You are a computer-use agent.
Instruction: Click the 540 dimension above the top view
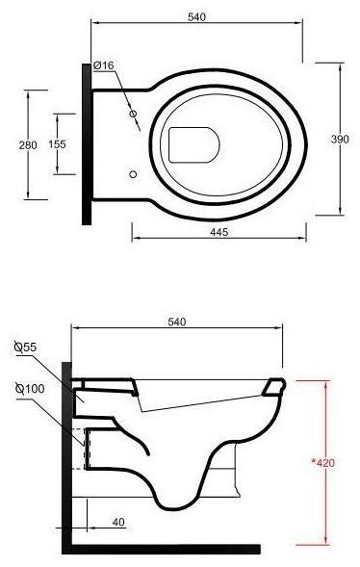click(x=197, y=17)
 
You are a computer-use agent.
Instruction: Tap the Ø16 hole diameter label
click(x=104, y=64)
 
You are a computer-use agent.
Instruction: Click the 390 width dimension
click(x=340, y=139)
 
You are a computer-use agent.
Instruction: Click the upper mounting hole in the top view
click(x=134, y=114)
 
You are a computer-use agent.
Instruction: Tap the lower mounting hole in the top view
click(x=134, y=174)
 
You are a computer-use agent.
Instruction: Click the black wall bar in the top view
click(x=87, y=142)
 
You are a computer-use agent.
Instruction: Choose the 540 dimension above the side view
click(x=176, y=321)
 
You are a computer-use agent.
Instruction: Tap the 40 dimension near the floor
click(x=117, y=522)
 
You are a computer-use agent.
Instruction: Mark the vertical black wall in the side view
click(x=66, y=452)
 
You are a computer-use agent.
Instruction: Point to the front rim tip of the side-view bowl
click(x=279, y=387)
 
